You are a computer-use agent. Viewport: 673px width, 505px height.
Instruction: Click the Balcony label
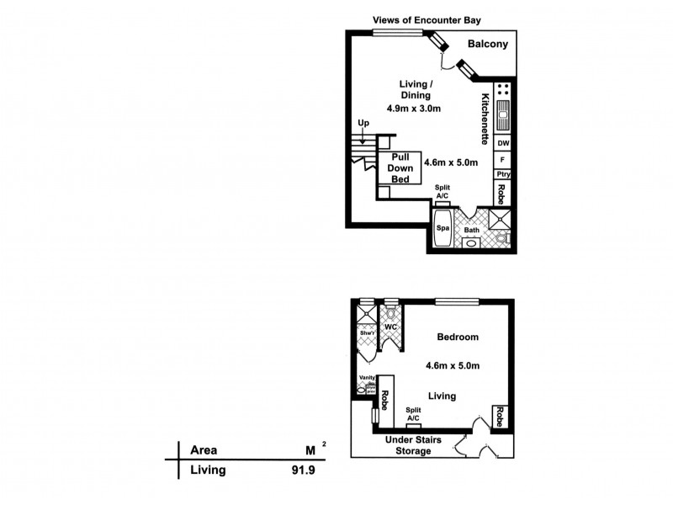487,45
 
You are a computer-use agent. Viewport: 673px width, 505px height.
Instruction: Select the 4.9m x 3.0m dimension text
415,109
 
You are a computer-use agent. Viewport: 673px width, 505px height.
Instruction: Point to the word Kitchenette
485,117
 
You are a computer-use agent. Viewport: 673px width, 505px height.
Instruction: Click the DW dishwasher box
502,143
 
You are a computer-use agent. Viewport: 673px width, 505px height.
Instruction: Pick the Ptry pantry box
502,174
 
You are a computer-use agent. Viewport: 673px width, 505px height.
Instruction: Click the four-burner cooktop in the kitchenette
502,89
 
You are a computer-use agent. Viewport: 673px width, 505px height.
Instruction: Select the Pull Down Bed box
393,169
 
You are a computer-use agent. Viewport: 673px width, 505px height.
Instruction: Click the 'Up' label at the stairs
363,124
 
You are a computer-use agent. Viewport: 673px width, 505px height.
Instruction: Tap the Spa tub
442,228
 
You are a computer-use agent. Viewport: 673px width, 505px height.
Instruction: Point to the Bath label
472,230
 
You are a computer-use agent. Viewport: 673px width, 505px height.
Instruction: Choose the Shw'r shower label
367,333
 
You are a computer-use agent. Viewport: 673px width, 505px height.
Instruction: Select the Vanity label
367,378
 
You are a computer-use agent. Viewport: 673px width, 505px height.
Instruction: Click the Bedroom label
458,338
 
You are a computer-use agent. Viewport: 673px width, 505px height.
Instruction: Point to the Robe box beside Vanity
385,396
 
